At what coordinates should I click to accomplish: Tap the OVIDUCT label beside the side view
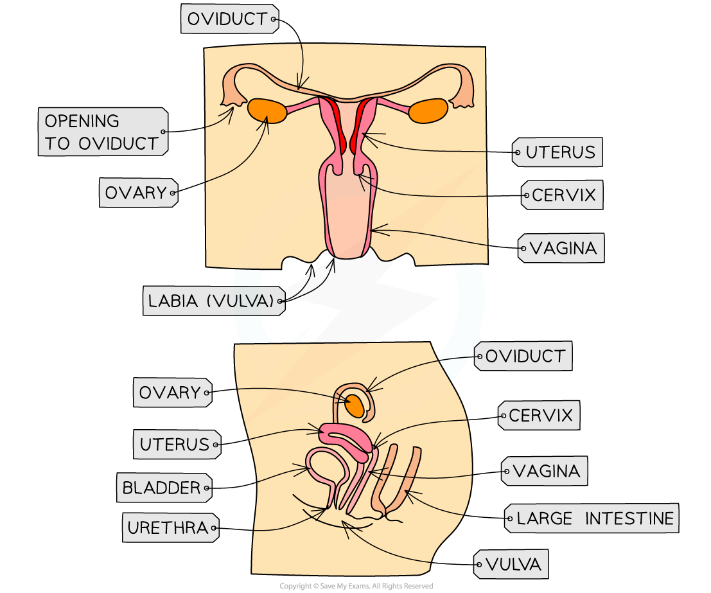pos(523,356)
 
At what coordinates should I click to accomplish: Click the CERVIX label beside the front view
pos(563,195)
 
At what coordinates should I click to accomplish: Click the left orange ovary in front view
pos(267,111)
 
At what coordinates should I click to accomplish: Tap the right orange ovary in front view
pos(428,111)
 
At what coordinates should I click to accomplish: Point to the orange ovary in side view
pos(355,405)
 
